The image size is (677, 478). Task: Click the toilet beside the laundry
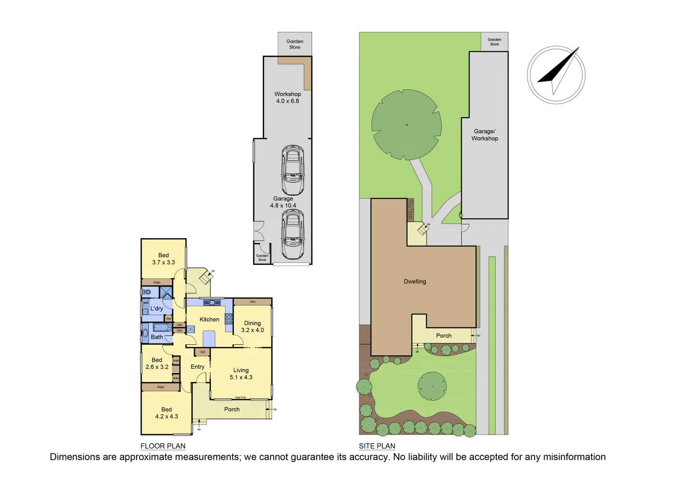[x=147, y=292]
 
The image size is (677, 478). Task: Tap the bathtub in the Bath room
[x=162, y=328]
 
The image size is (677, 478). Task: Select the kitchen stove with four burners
[x=229, y=319]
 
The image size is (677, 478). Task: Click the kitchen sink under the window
[x=212, y=303]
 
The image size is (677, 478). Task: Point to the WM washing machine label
[x=145, y=303]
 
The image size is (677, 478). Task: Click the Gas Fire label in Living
[x=241, y=397]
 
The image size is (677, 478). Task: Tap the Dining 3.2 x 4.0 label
[x=253, y=327]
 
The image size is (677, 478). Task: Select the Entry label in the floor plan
[x=198, y=366]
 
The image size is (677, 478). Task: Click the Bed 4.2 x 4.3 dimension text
[x=167, y=416]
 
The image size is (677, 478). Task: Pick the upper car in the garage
[x=292, y=170]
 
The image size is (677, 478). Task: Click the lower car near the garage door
[x=292, y=235]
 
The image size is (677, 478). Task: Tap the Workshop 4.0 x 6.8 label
[x=288, y=97]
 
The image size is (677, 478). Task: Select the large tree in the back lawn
[x=406, y=124]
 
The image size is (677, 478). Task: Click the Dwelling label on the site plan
[x=415, y=281]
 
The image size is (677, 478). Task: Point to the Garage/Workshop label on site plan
[x=485, y=135]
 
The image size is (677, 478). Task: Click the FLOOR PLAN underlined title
[x=163, y=446]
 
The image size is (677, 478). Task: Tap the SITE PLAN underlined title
[x=377, y=446]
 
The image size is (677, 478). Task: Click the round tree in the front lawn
[x=432, y=386]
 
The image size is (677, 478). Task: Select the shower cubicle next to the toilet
[x=166, y=292]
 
